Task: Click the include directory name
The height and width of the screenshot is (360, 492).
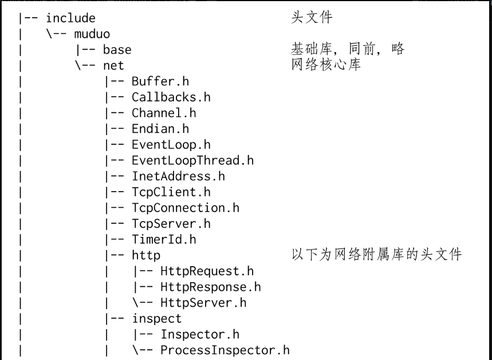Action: pyautogui.click(x=71, y=18)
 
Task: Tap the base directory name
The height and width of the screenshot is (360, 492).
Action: pyautogui.click(x=117, y=50)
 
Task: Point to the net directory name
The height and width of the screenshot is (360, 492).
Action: pyautogui.click(x=113, y=65)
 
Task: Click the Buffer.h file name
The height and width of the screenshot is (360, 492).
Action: pyautogui.click(x=160, y=81)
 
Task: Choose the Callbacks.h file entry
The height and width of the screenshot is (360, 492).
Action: pyautogui.click(x=171, y=97)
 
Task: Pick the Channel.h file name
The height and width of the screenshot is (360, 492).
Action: pyautogui.click(x=164, y=113)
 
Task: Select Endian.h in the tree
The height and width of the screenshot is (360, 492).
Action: pyautogui.click(x=160, y=129)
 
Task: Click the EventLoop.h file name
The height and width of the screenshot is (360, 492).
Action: pyautogui.click(x=171, y=144)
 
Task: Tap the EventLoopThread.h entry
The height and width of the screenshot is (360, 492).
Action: pyautogui.click(x=192, y=160)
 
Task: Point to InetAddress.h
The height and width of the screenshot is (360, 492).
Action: pyautogui.click(x=178, y=176)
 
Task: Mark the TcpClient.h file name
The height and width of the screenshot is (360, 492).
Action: pyautogui.click(x=171, y=192)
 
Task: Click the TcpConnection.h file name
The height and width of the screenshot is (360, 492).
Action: pyautogui.click(x=185, y=208)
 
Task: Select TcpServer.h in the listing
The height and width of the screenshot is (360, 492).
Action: pyautogui.click(x=171, y=223)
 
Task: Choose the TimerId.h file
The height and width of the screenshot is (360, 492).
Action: pyautogui.click(x=164, y=239)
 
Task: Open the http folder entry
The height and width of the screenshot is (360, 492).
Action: pyautogui.click(x=145, y=255)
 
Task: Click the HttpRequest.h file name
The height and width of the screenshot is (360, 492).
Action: pyautogui.click(x=207, y=271)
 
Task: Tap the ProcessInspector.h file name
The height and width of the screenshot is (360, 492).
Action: pyautogui.click(x=225, y=350)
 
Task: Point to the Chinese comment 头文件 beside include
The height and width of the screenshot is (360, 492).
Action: pyautogui.click(x=312, y=18)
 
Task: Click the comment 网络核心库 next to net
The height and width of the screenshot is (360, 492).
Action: pyautogui.click(x=326, y=65)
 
